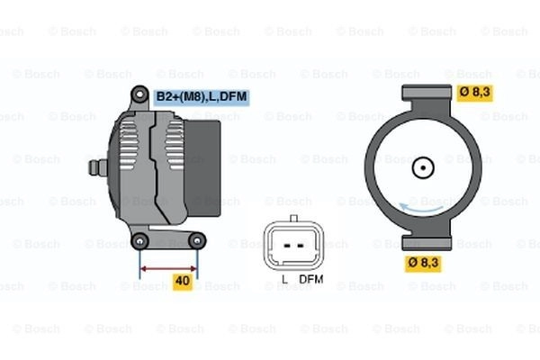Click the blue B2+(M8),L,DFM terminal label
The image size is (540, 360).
tap(202, 97)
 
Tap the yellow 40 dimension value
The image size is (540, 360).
tap(183, 281)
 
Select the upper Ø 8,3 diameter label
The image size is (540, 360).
tap(475, 93)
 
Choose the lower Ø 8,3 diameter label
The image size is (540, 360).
tap(423, 263)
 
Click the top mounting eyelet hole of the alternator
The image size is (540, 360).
tap(139, 94)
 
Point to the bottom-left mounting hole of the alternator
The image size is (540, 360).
tap(139, 241)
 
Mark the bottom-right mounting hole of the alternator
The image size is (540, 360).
tap(197, 241)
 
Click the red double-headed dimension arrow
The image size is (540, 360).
tap(169, 269)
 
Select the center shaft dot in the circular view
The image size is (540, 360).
tap(423, 167)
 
